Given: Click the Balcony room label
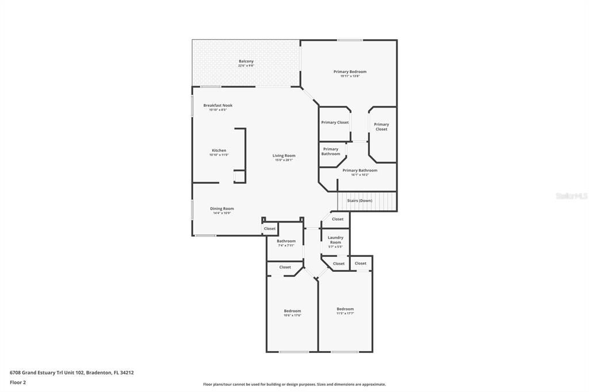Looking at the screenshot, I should coord(246,61).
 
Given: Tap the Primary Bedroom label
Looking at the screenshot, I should coord(350,72).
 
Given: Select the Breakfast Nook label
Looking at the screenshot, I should coord(217,105).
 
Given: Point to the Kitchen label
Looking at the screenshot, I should coord(219,151).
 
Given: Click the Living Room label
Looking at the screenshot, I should coord(284,156).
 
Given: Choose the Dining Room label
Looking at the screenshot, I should coord(221,209).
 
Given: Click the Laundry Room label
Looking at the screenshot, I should coord(335,240).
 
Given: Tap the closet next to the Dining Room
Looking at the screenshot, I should coord(270,229).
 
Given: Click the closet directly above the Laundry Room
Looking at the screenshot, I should coord(338,219).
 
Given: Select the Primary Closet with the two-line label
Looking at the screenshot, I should coord(381,126).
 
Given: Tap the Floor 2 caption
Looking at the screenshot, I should coord(18,382).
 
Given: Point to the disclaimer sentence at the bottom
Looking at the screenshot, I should coord(294,385).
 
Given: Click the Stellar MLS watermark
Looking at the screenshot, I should coord(571,196).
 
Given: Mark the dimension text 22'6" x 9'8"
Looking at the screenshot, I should coord(246,66).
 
